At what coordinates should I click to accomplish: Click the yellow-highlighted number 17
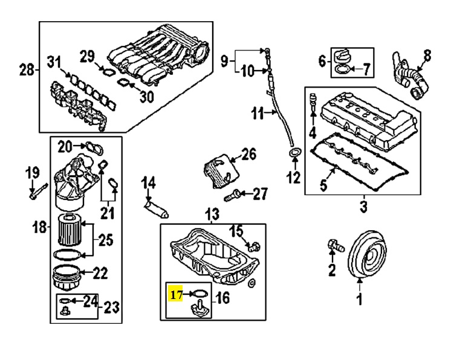[176, 295]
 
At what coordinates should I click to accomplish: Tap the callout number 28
[27, 69]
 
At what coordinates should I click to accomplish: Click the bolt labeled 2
[336, 245]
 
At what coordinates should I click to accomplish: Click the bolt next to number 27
[232, 195]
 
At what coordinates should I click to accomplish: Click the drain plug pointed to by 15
[254, 246]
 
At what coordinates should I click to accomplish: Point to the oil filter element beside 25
[70, 229]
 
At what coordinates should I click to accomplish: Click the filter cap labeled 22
[67, 277]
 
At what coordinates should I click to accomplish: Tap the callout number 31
[55, 63]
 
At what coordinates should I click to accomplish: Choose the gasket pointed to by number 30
[124, 83]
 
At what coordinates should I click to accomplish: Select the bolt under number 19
[37, 191]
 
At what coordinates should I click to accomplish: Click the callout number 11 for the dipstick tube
[258, 114]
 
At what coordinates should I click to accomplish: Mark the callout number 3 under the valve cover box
[363, 207]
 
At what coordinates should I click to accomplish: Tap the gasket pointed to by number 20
[94, 147]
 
